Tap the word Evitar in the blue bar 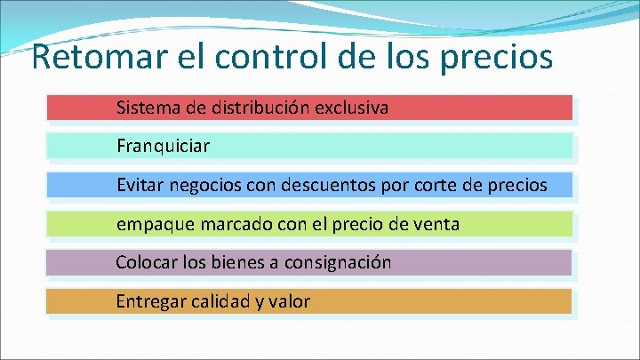(x=139, y=185)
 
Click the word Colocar (x=144, y=263)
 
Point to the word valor (x=289, y=301)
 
